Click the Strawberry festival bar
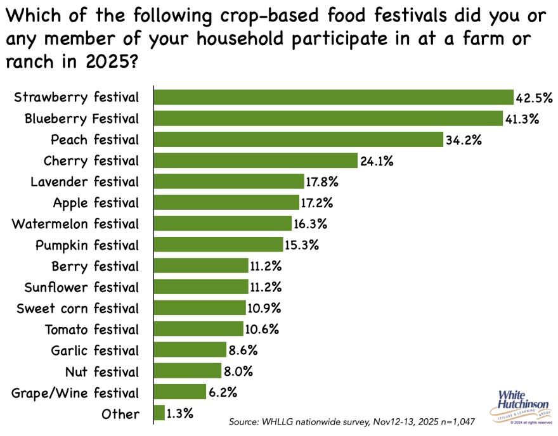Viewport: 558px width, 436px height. tap(334, 97)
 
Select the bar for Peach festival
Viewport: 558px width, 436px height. tap(298, 139)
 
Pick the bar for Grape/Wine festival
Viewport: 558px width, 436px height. tap(180, 392)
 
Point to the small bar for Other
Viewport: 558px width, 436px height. tap(160, 414)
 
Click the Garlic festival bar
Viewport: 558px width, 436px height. tap(190, 350)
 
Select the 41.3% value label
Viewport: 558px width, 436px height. tap(522, 119)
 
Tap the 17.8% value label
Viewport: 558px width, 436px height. tap(323, 182)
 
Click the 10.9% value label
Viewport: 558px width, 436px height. tap(264, 308)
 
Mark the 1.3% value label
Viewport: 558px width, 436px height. tap(180, 414)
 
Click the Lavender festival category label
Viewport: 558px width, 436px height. tap(85, 182)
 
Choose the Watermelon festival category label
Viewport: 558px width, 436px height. tap(75, 224)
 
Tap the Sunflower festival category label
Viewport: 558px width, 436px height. tap(81, 287)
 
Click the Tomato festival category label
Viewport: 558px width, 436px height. tap(91, 330)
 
